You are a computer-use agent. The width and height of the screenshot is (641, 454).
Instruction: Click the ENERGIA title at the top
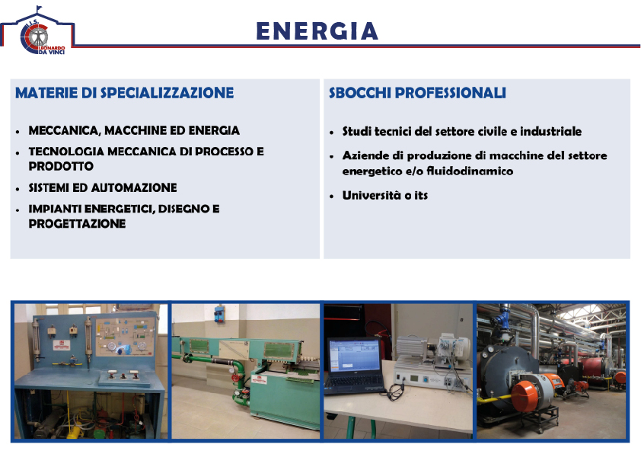tap(317, 31)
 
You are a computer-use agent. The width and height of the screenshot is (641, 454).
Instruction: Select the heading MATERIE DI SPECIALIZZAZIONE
tap(124, 93)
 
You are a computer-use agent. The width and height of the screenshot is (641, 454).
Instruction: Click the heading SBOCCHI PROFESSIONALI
tap(417, 93)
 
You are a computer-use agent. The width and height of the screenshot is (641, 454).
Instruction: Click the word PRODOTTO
tap(61, 167)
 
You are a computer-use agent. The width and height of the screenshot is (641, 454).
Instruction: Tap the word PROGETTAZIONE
tap(77, 224)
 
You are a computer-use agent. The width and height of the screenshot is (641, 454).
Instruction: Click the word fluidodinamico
tap(470, 171)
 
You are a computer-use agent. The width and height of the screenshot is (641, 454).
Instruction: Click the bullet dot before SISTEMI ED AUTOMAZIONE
tap(18, 189)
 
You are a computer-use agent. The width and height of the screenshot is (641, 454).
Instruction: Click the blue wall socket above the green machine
tap(219, 314)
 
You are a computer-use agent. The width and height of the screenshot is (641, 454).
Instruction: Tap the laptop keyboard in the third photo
tap(356, 382)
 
